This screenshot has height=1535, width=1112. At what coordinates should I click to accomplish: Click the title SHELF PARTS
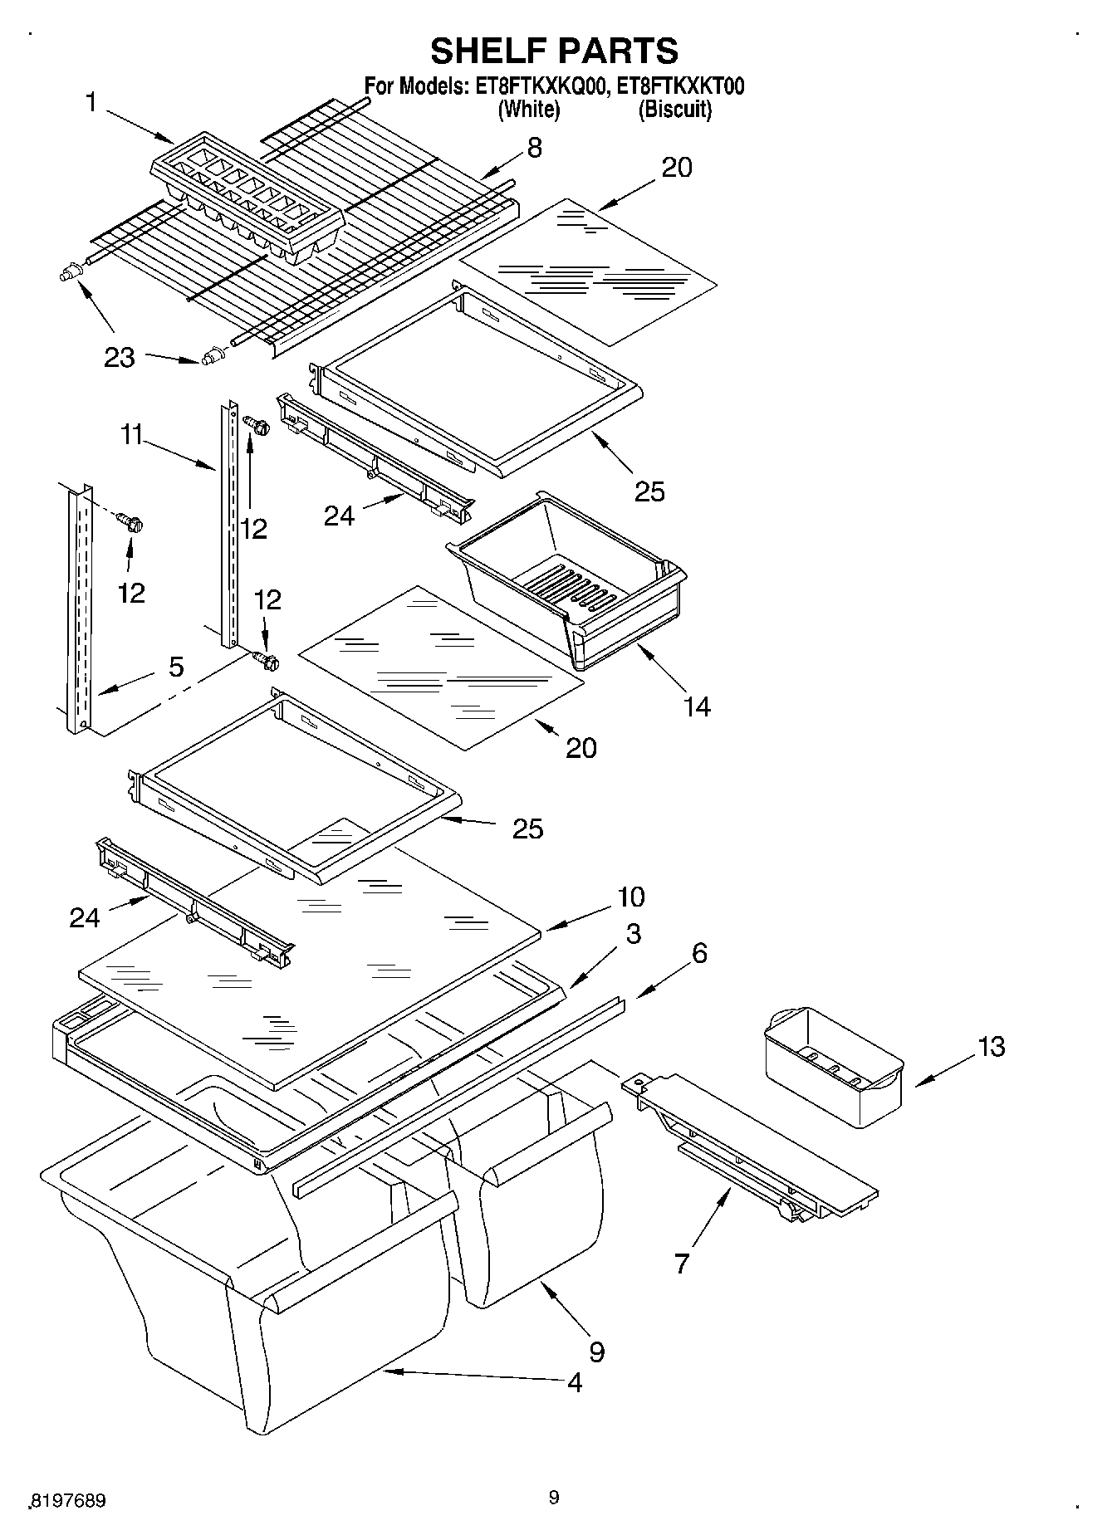(554, 51)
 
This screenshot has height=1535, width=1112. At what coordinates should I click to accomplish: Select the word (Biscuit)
(674, 110)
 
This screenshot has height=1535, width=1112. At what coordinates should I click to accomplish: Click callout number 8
(534, 149)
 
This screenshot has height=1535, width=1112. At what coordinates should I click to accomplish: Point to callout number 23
(120, 358)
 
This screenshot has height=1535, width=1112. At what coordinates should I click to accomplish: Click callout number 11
(132, 434)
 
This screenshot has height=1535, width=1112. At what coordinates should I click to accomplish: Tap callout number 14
(697, 706)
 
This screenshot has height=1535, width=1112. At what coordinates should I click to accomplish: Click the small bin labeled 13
(833, 1065)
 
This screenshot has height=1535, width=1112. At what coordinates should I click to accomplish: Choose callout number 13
(991, 1047)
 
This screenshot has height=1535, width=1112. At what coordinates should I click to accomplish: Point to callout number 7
(681, 1264)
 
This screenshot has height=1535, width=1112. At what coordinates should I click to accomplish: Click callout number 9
(596, 1352)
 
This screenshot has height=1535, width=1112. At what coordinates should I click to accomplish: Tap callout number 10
(630, 897)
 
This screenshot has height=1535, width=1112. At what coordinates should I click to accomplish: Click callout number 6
(699, 953)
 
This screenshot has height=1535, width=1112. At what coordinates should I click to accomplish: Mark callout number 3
(633, 934)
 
